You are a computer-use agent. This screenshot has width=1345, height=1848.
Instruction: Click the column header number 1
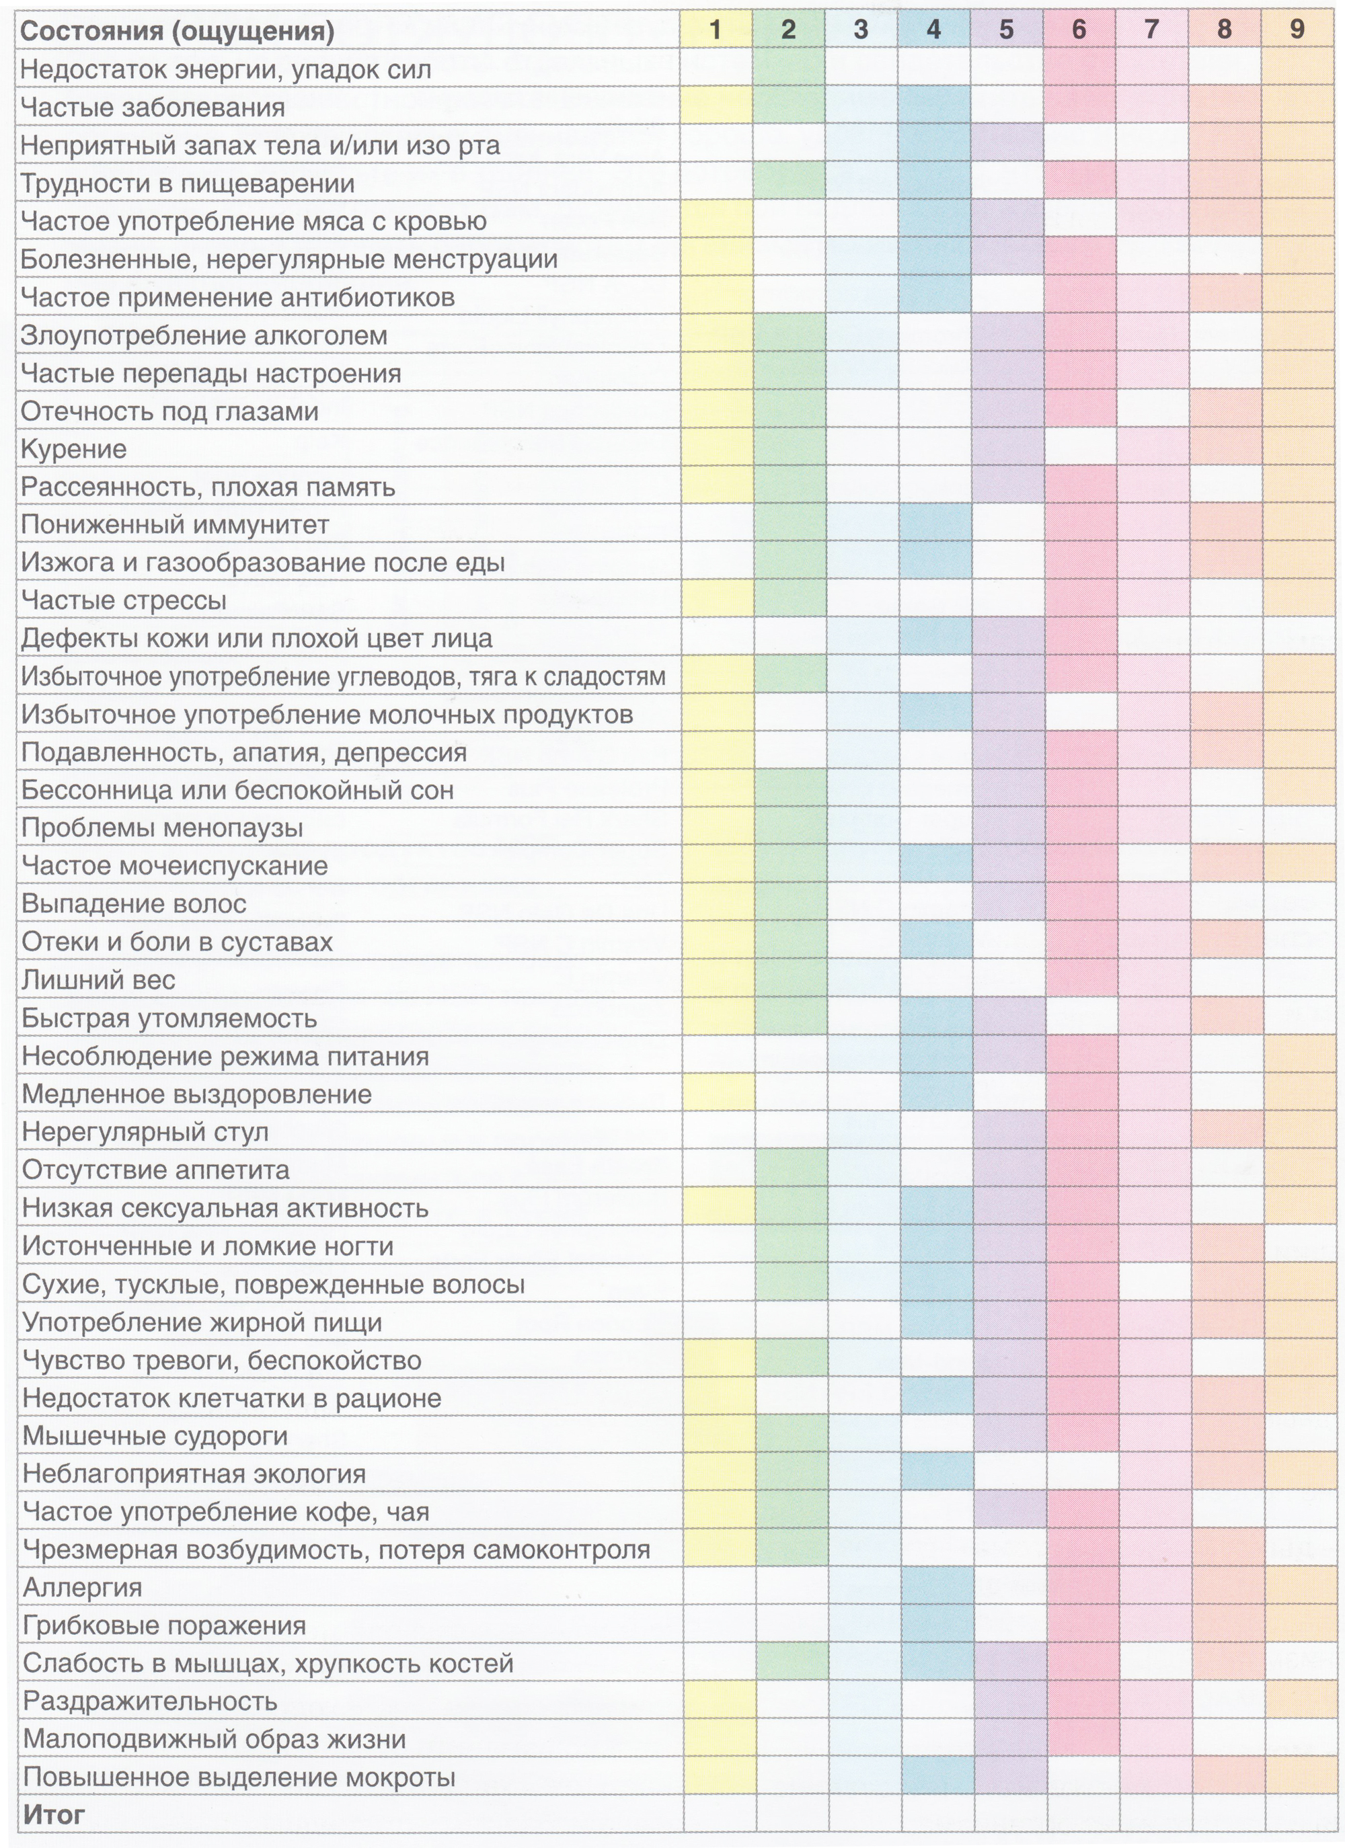(x=715, y=30)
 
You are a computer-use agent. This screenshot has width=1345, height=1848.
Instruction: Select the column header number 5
(x=1006, y=30)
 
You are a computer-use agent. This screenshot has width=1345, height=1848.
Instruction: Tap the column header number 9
(x=1296, y=30)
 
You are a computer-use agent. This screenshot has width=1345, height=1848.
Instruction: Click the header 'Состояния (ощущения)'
(x=177, y=32)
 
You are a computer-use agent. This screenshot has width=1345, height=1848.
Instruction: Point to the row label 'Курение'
(x=73, y=450)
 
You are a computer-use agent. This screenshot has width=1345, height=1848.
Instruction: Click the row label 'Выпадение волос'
(x=134, y=904)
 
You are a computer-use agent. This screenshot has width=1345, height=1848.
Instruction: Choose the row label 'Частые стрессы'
(x=123, y=602)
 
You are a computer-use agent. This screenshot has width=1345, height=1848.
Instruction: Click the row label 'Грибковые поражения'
(x=165, y=1625)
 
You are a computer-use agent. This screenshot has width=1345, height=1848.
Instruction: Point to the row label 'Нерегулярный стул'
(x=145, y=1132)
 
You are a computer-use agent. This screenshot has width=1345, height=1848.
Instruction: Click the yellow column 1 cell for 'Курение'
(x=716, y=447)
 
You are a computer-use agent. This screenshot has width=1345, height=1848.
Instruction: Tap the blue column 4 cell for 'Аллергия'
(x=937, y=1586)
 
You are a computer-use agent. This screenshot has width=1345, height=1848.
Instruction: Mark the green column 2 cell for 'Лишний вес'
(x=790, y=979)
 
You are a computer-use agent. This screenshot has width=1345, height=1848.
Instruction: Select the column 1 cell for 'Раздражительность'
(x=718, y=1699)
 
